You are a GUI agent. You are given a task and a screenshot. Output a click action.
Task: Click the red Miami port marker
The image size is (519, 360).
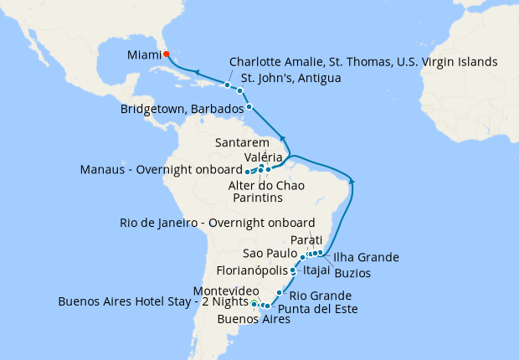click(x=167, y=54)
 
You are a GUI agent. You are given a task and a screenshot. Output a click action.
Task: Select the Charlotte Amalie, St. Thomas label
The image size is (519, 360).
click(x=363, y=62)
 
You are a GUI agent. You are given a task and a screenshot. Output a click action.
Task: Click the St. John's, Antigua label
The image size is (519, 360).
click(x=296, y=79)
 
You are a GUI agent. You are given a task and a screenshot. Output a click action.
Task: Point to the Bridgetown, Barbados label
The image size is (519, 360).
click(x=182, y=108)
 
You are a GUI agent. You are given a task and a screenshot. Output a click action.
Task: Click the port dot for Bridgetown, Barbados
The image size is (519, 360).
click(x=249, y=107)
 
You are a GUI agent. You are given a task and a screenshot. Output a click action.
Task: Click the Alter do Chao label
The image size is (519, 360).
click(x=266, y=184)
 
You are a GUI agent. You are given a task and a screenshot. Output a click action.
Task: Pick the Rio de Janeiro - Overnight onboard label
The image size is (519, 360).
click(x=218, y=223)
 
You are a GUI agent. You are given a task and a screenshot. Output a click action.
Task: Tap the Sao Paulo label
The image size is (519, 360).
click(x=270, y=253)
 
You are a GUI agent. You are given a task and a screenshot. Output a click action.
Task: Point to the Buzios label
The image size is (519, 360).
click(x=352, y=273)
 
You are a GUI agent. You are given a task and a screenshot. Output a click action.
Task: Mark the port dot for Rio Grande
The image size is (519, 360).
click(x=279, y=292)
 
